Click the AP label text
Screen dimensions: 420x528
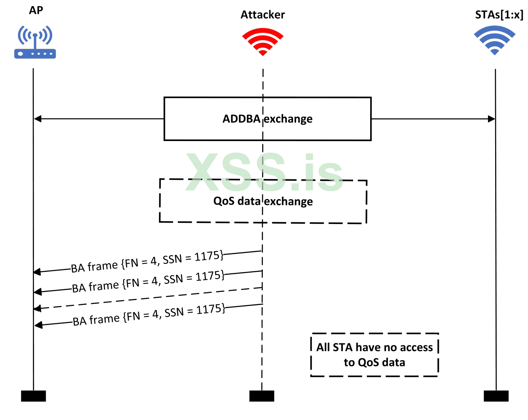(36, 10)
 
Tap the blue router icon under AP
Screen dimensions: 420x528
(35, 42)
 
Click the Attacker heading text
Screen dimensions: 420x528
(262, 15)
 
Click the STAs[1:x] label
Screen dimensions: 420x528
(499, 15)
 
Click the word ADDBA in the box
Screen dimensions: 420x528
(241, 119)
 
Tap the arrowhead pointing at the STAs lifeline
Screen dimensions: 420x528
(491, 119)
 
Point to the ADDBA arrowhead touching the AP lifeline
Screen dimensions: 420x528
(38, 119)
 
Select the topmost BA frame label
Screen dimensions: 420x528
(147, 262)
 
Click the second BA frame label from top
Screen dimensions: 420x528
(148, 282)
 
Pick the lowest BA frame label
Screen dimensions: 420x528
(149, 315)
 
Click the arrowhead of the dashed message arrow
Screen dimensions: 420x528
(37, 309)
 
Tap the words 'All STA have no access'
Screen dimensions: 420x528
(374, 347)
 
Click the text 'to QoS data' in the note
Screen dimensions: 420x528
(374, 362)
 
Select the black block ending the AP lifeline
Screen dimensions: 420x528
(33, 396)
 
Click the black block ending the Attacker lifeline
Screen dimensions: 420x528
(262, 396)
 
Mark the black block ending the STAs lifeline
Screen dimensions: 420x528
(496, 396)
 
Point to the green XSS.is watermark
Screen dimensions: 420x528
(264, 172)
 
